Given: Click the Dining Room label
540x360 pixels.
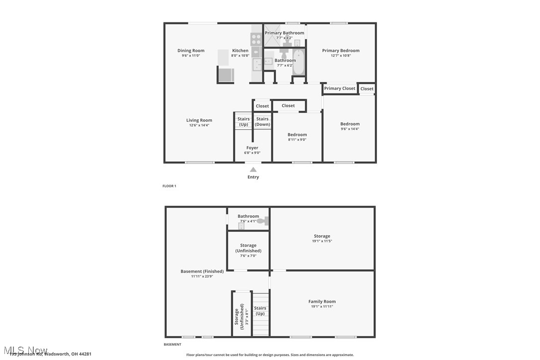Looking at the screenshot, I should (191, 51).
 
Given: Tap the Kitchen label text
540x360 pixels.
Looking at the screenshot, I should (240, 51).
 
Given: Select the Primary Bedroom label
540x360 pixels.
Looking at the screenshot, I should (341, 51).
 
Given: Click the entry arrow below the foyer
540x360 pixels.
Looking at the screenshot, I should (253, 170).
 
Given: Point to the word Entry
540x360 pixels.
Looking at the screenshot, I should (253, 177).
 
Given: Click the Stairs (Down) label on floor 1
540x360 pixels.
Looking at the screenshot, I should (262, 122).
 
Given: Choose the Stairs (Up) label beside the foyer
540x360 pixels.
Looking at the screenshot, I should (243, 122).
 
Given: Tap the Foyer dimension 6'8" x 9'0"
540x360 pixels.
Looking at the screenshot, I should (252, 153).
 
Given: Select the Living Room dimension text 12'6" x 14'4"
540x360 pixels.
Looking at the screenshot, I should (199, 125).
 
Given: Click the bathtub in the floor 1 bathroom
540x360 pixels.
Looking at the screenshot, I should (298, 62).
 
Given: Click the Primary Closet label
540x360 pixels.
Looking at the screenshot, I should (340, 89).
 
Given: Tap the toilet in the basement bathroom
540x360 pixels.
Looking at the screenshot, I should (263, 221).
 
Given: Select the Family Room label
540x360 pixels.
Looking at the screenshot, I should (322, 301).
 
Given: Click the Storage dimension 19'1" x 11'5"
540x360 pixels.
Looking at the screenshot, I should (322, 241).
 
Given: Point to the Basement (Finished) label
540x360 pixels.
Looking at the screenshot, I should (202, 271).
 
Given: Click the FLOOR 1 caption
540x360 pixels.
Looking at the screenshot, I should (169, 186).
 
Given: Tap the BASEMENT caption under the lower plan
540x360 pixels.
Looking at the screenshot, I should (173, 345).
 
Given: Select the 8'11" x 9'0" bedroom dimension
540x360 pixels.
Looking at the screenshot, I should (297, 140).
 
